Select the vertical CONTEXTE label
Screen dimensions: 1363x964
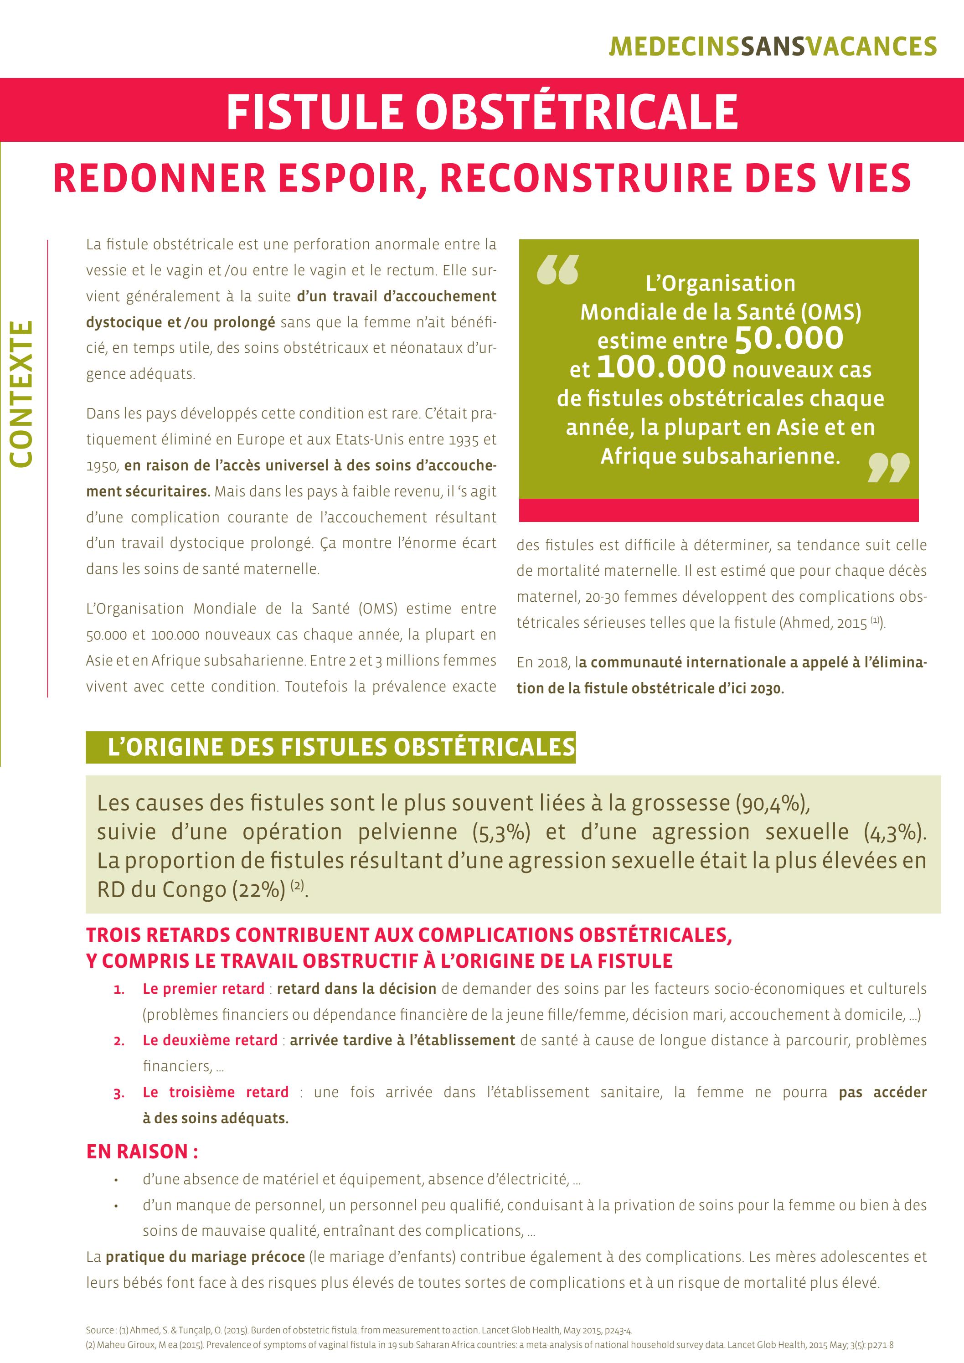[x=21, y=393]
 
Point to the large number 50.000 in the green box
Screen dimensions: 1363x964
[x=789, y=338]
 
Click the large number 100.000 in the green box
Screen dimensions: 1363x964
[x=661, y=367]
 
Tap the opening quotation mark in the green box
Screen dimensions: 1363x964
[x=557, y=270]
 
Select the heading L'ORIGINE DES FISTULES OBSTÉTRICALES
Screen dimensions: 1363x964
[x=341, y=747]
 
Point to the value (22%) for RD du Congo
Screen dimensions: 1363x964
[x=259, y=890]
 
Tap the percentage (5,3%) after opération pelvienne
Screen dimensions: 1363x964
[x=501, y=832]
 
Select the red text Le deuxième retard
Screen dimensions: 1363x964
[x=210, y=1041]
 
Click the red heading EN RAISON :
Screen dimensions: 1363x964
[x=142, y=1151]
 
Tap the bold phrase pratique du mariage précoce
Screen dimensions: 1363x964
[x=205, y=1256]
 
